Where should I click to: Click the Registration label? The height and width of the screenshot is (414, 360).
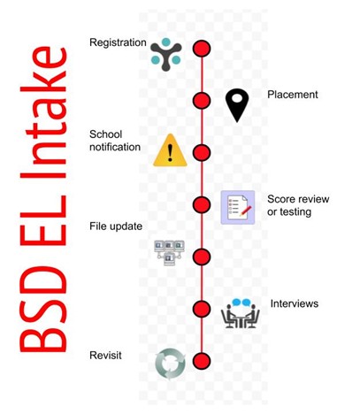click(118, 42)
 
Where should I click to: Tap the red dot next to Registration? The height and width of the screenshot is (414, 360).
click(202, 49)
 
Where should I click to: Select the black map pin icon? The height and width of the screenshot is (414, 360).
click(237, 105)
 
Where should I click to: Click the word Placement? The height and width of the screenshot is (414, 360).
click(293, 95)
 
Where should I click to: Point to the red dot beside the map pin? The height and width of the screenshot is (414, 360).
click(202, 101)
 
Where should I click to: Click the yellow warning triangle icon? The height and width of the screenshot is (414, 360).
click(170, 150)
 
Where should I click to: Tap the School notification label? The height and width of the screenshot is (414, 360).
click(115, 141)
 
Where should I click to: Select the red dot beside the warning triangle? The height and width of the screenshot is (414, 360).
click(202, 153)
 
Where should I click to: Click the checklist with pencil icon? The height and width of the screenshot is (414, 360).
click(238, 207)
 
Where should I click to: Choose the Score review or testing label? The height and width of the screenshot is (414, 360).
click(298, 205)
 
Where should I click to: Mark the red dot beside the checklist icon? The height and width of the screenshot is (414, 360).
click(202, 204)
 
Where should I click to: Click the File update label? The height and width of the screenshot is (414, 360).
click(116, 226)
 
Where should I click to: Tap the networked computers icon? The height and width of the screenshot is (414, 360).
click(170, 253)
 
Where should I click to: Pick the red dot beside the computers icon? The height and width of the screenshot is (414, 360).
click(202, 257)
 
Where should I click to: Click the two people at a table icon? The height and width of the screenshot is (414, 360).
click(241, 313)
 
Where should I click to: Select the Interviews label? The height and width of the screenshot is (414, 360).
click(295, 303)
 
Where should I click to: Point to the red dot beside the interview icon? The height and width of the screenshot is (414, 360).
click(202, 309)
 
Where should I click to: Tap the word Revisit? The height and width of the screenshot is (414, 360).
click(105, 356)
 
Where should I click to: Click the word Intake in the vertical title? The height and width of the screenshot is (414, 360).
click(43, 112)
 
